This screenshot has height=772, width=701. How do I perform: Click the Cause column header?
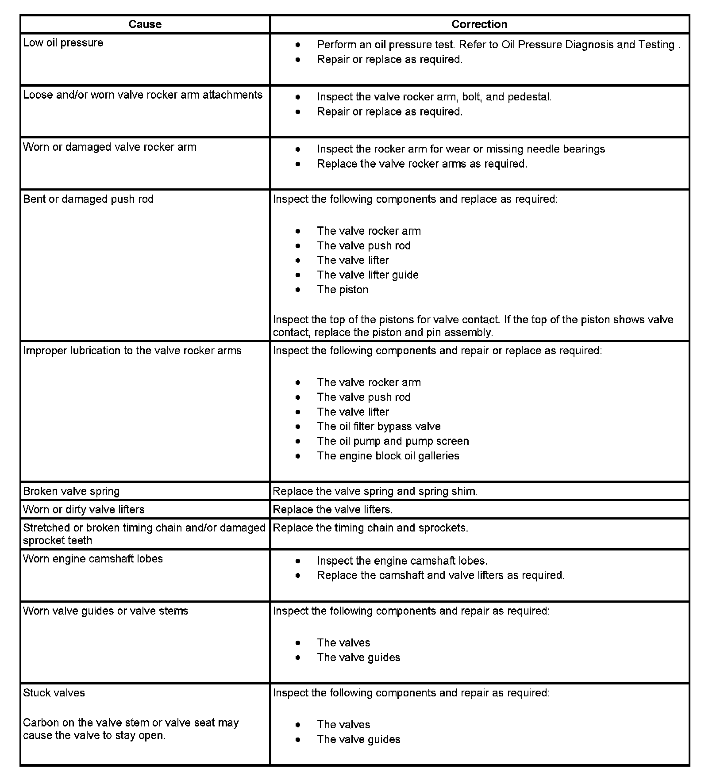145,24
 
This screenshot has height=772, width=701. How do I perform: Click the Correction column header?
479,24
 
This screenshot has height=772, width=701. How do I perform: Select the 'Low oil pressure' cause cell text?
63,43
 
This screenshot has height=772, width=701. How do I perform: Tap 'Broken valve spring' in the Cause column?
71,491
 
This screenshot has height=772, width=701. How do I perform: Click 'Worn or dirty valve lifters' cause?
84,509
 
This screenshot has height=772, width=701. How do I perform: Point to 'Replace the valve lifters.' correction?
333,509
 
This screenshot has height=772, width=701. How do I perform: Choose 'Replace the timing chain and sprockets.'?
370,527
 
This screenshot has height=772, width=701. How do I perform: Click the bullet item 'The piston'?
343,290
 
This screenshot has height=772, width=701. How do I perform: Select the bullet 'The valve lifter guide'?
367,275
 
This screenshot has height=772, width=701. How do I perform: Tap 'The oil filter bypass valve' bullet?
379,427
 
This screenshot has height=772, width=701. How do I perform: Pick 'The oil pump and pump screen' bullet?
393,441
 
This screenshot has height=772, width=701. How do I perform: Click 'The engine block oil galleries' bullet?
388,456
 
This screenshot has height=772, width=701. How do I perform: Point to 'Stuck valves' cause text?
54,693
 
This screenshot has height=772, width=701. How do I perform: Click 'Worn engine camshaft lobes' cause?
93,559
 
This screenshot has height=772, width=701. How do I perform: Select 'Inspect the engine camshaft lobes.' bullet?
402,561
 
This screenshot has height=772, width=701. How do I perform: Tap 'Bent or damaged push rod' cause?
88,199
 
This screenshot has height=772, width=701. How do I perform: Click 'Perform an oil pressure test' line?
498,45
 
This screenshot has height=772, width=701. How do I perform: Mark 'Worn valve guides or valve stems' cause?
105,611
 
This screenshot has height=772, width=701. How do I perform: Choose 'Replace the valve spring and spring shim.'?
375,491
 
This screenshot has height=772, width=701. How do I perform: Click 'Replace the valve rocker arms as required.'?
422,164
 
